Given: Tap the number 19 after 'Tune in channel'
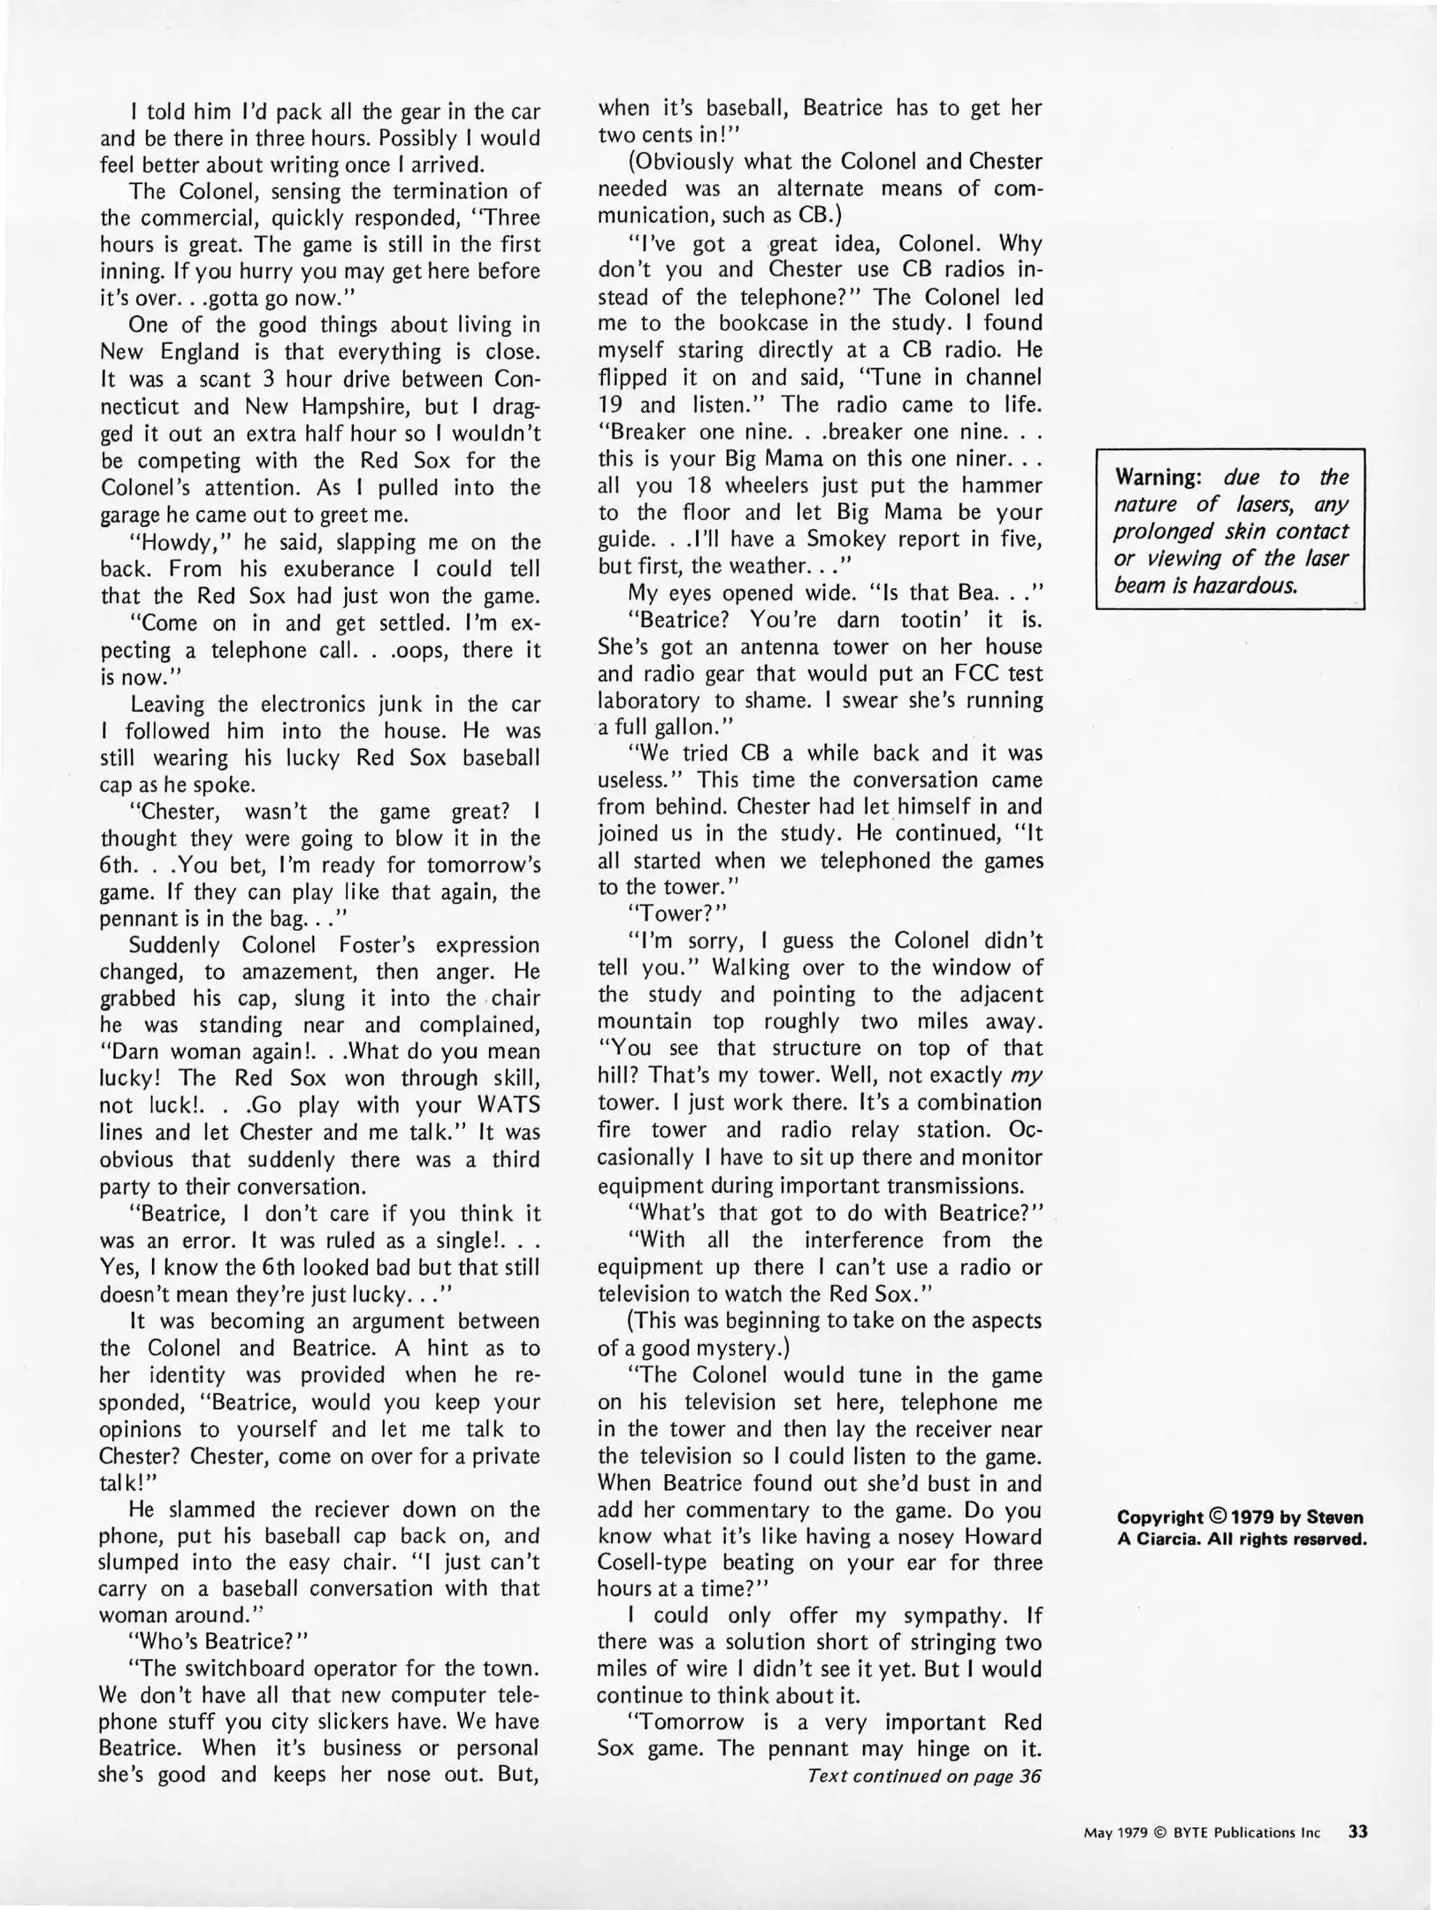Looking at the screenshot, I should tap(612, 405).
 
